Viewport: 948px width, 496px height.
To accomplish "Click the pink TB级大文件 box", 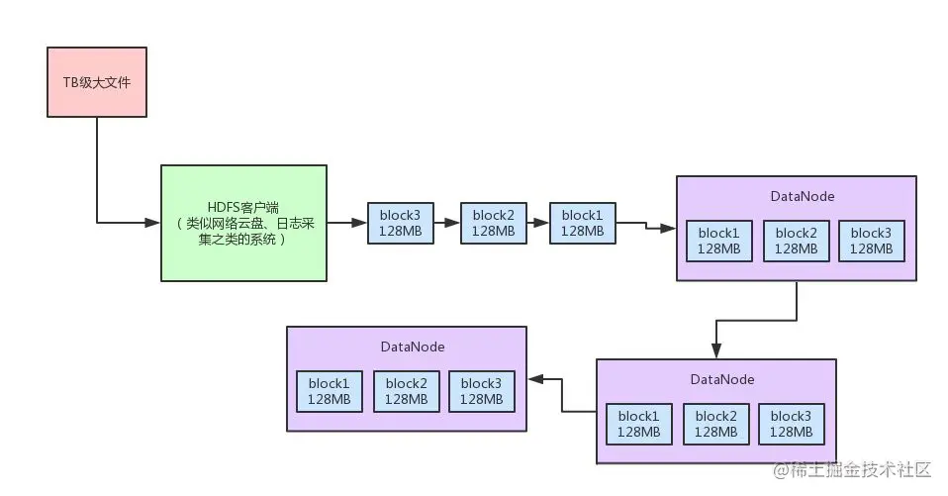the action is click(97, 82).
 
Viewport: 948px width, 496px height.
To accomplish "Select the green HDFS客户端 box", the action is click(243, 223).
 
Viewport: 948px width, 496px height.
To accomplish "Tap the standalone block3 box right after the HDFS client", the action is click(400, 223).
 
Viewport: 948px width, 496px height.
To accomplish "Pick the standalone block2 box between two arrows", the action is click(494, 223).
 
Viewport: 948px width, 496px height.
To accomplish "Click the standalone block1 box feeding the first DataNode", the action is click(582, 223).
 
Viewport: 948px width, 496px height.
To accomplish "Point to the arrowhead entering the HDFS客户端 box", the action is click(152, 223).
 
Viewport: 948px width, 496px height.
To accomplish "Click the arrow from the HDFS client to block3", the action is click(347, 223).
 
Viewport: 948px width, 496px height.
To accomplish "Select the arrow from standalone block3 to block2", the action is click(447, 223).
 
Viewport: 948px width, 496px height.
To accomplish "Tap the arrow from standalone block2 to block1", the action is click(538, 223).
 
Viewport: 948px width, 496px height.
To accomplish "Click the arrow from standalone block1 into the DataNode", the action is click(646, 226).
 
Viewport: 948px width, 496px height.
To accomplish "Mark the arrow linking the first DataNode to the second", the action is click(756, 320).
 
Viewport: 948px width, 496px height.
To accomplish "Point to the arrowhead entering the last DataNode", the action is click(535, 379).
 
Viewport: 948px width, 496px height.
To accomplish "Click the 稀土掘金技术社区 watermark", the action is click(852, 470).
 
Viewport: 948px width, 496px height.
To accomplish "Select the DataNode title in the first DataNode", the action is click(802, 197).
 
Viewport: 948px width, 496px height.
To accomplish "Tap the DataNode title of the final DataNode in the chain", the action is click(413, 347).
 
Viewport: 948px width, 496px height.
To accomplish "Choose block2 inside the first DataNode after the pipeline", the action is click(796, 241).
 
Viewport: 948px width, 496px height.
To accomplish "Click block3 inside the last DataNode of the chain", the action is click(481, 391).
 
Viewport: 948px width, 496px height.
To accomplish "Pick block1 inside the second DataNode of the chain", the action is click(638, 424).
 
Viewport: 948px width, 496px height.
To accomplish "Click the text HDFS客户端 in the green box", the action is click(243, 208).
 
